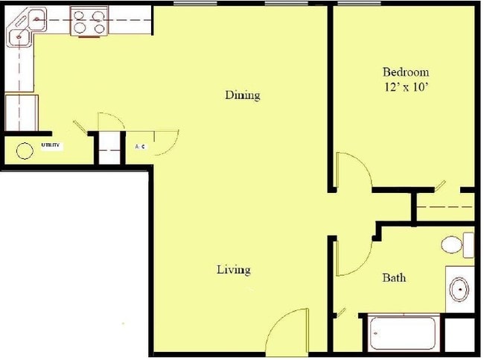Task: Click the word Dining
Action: click(243, 95)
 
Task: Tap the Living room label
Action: click(233, 270)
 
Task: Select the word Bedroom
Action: click(405, 72)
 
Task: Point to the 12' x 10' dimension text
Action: click(405, 86)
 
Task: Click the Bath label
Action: click(394, 278)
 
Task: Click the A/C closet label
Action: click(141, 147)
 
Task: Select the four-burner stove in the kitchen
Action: click(89, 22)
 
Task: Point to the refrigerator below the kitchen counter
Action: click(20, 112)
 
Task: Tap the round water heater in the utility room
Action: click(25, 150)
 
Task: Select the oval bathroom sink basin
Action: click(459, 288)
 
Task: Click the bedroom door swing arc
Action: click(354, 171)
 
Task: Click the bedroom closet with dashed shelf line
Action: click(445, 206)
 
